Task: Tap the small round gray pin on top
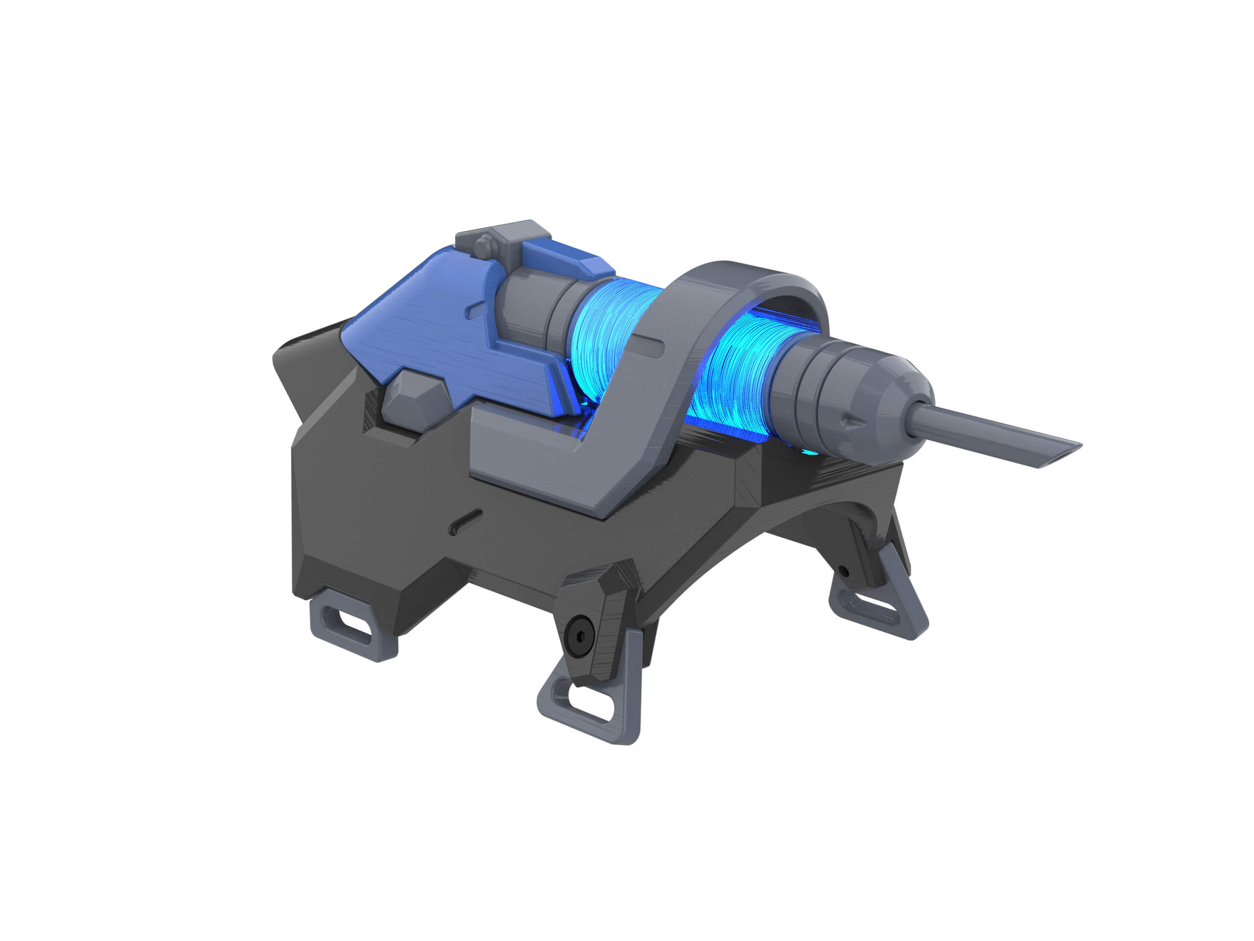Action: click(x=483, y=247)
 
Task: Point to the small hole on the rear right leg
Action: click(x=843, y=570)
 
